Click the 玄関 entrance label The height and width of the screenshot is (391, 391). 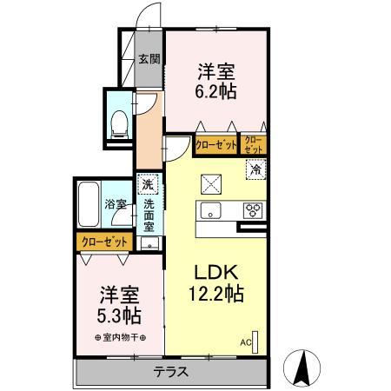coord(149,59)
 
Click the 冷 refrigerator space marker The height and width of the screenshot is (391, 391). coord(255,169)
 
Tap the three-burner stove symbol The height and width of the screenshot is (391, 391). coord(254,210)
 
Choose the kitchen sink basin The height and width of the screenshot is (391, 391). coord(213,210)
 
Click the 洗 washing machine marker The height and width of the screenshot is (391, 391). coord(148,184)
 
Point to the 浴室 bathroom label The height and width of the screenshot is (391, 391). coord(116,204)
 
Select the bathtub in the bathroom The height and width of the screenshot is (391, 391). coord(89,204)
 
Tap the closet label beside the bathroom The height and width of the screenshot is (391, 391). coord(103,241)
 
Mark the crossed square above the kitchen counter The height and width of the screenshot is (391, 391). coord(211,182)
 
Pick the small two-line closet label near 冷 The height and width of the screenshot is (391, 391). coord(253,145)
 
